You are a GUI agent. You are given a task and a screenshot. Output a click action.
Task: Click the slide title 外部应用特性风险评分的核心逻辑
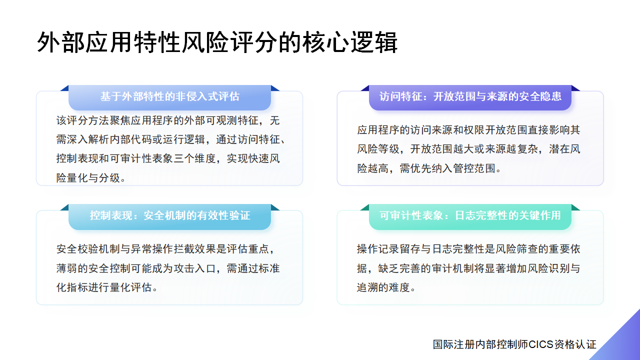(217, 42)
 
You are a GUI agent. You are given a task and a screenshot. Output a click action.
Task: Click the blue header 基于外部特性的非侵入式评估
(169, 96)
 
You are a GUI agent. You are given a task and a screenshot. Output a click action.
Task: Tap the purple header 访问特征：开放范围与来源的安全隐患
(470, 96)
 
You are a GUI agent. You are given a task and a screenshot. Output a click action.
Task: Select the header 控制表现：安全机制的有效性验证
(169, 216)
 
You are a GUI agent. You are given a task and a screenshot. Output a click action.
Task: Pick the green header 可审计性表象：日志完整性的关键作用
(470, 216)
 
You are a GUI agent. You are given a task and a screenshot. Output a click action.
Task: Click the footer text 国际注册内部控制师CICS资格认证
(514, 344)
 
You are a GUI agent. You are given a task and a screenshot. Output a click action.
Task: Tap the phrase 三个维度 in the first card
(195, 158)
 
